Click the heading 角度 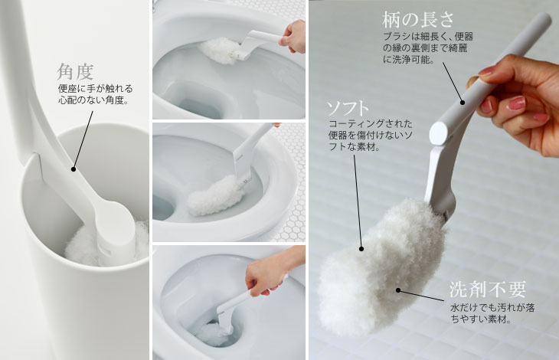click(75, 72)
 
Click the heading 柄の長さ click(418, 19)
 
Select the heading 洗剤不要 click(487, 290)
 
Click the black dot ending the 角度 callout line click(74, 169)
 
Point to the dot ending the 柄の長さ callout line click(463, 103)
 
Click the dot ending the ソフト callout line click(361, 249)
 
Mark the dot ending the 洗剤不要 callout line click(398, 290)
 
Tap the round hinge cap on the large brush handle click(438, 133)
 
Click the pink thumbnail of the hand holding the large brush click(517, 103)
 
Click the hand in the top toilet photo click(293, 37)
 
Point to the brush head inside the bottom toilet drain click(213, 333)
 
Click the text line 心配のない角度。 click(93, 100)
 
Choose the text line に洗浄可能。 click(409, 60)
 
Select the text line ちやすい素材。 click(482, 319)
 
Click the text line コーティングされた click(371, 123)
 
